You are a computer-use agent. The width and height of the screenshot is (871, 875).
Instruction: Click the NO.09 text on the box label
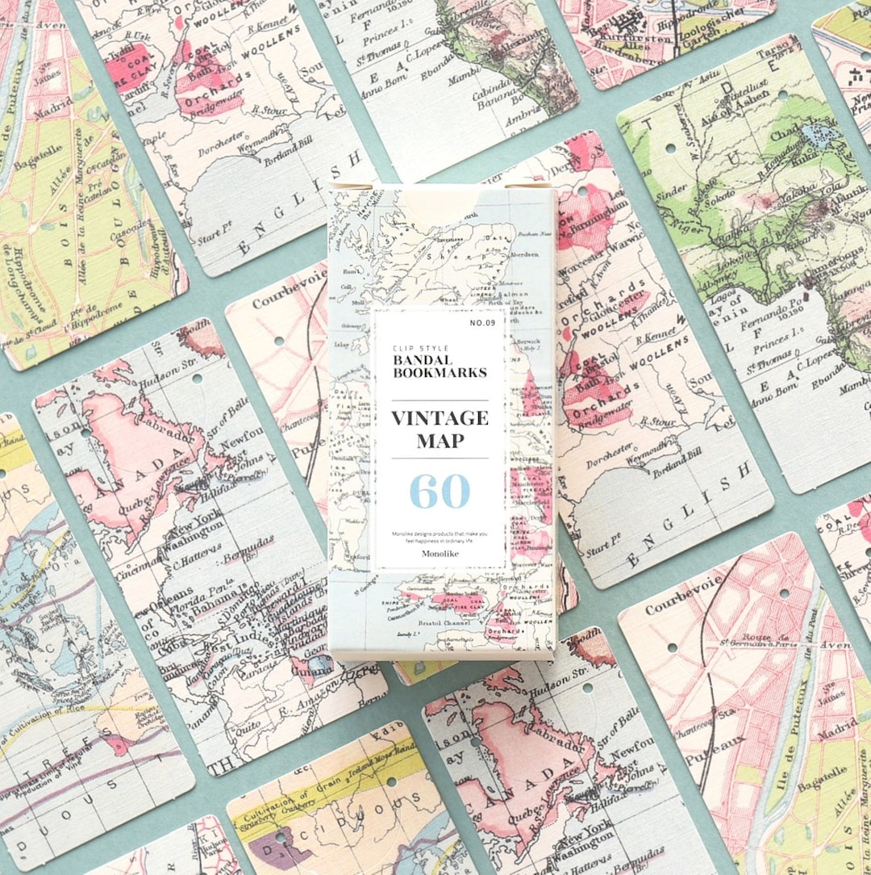coord(482,324)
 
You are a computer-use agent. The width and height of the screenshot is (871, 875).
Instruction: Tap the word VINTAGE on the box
coord(440,418)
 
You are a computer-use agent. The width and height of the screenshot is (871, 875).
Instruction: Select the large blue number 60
coord(440,491)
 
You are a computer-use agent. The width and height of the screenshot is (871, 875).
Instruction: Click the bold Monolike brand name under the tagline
coord(440,554)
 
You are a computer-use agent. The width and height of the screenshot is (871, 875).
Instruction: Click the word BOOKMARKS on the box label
coord(440,373)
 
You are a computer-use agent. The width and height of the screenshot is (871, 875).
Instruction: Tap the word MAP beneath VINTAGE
coord(440,441)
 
